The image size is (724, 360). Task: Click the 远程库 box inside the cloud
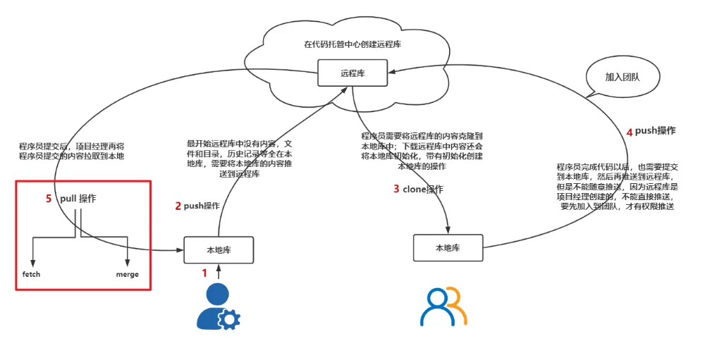pos(352,73)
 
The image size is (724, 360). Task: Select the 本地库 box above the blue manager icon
pos(219,249)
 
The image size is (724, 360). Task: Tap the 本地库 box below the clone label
pos(448,247)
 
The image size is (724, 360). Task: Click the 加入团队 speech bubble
pos(622,77)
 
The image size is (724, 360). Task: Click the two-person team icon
pos(443,307)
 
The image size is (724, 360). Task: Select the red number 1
pos(205,272)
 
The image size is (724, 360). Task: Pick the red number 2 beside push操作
pos(178,206)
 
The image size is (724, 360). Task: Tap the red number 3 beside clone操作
pos(396,189)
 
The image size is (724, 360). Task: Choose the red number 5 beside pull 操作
pos(49,199)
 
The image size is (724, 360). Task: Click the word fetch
pos(31,274)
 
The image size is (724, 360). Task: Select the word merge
pos(127,274)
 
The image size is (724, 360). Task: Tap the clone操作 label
pos(423,189)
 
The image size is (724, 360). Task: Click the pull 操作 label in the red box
pos(78,199)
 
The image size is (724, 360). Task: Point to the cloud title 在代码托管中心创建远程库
pos(352,44)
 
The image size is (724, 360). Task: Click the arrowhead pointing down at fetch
pos(32,261)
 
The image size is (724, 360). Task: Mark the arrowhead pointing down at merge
pos(127,261)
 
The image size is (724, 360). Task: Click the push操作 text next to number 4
pos(655,131)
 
